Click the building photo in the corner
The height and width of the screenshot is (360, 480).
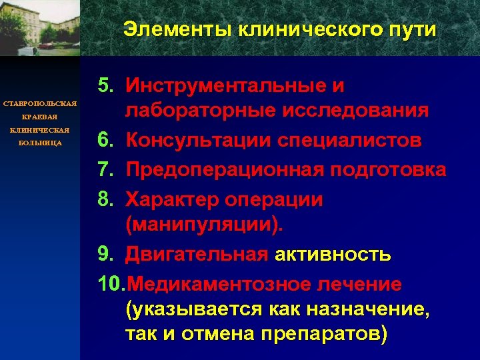(39, 27)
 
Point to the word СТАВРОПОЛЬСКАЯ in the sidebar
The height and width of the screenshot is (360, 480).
(40, 104)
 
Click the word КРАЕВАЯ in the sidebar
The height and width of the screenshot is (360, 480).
(40, 117)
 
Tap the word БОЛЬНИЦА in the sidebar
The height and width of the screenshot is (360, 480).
(40, 142)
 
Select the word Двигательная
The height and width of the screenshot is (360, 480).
(197, 255)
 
